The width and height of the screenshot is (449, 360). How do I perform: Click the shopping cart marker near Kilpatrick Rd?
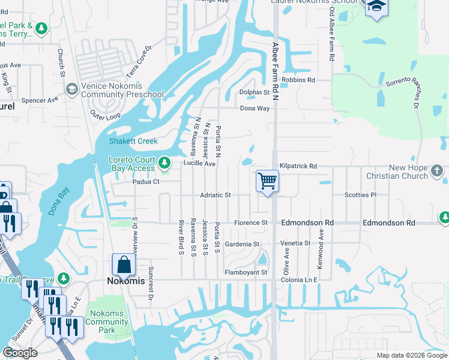tap(267, 181)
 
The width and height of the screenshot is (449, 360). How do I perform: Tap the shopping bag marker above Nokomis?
tap(123, 264)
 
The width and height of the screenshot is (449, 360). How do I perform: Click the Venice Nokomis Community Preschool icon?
tap(71, 89)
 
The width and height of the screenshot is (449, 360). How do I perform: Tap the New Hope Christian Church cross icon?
tap(437, 171)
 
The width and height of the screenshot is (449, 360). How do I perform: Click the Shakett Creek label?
tap(133, 142)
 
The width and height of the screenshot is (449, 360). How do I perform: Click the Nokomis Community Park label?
tap(106, 322)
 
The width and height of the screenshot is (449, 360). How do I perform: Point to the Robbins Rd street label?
tap(298, 80)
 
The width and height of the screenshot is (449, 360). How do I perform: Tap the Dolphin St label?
tap(255, 92)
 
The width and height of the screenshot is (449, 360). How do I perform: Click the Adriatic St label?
tap(215, 196)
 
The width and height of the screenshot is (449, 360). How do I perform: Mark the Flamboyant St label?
tap(246, 272)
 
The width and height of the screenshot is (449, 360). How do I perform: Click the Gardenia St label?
tap(241, 245)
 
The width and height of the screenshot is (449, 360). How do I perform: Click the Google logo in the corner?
tap(20, 353)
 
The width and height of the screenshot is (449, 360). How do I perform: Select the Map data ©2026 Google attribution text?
tap(411, 355)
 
